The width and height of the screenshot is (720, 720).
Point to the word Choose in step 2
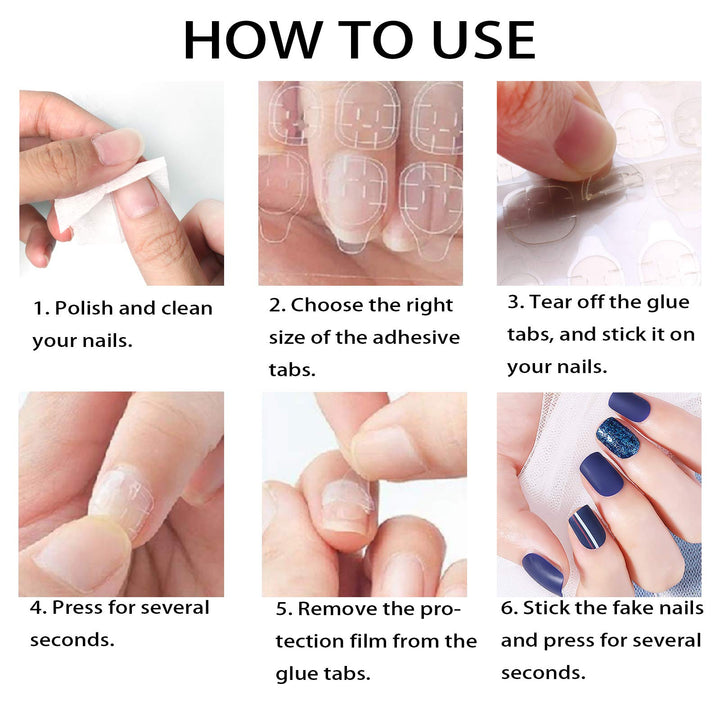click(x=323, y=305)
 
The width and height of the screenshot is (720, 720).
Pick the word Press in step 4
click(x=78, y=607)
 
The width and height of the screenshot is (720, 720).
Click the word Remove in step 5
click(x=340, y=608)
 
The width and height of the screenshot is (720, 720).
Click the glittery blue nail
click(x=619, y=437)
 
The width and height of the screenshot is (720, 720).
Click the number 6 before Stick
click(x=507, y=608)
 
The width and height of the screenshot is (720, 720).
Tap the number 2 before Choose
click(x=275, y=305)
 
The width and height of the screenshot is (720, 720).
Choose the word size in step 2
click(x=291, y=337)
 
